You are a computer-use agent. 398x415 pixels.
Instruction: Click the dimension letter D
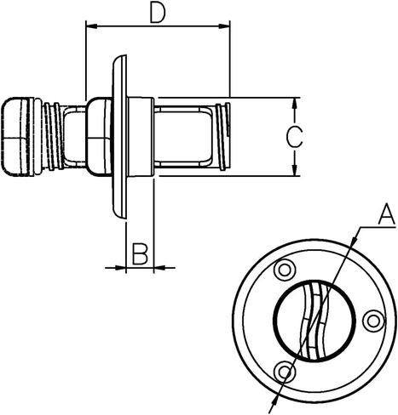[158, 14]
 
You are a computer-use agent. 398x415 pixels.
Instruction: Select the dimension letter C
[294, 137]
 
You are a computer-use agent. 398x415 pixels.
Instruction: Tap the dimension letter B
[140, 253]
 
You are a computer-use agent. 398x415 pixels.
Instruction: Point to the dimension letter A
[386, 215]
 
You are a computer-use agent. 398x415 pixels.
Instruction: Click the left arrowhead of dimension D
[91, 26]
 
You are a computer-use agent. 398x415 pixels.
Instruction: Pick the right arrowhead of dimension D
[224, 26]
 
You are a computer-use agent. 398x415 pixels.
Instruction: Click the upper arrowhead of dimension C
[295, 104]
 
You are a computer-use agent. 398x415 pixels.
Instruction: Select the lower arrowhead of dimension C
[295, 170]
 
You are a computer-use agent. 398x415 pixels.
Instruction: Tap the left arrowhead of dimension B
[120, 267]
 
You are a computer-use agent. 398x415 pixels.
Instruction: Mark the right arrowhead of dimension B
[159, 267]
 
